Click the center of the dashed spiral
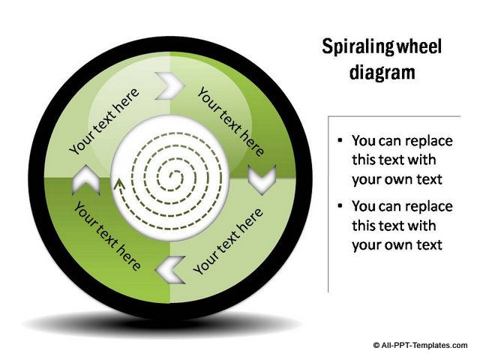click(x=171, y=178)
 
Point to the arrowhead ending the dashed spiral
click(x=117, y=182)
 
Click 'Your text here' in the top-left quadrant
click(x=105, y=123)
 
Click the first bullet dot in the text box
click(x=340, y=140)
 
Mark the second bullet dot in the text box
click(x=340, y=205)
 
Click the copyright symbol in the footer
click(x=376, y=344)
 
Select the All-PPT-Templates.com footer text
click(x=424, y=344)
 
